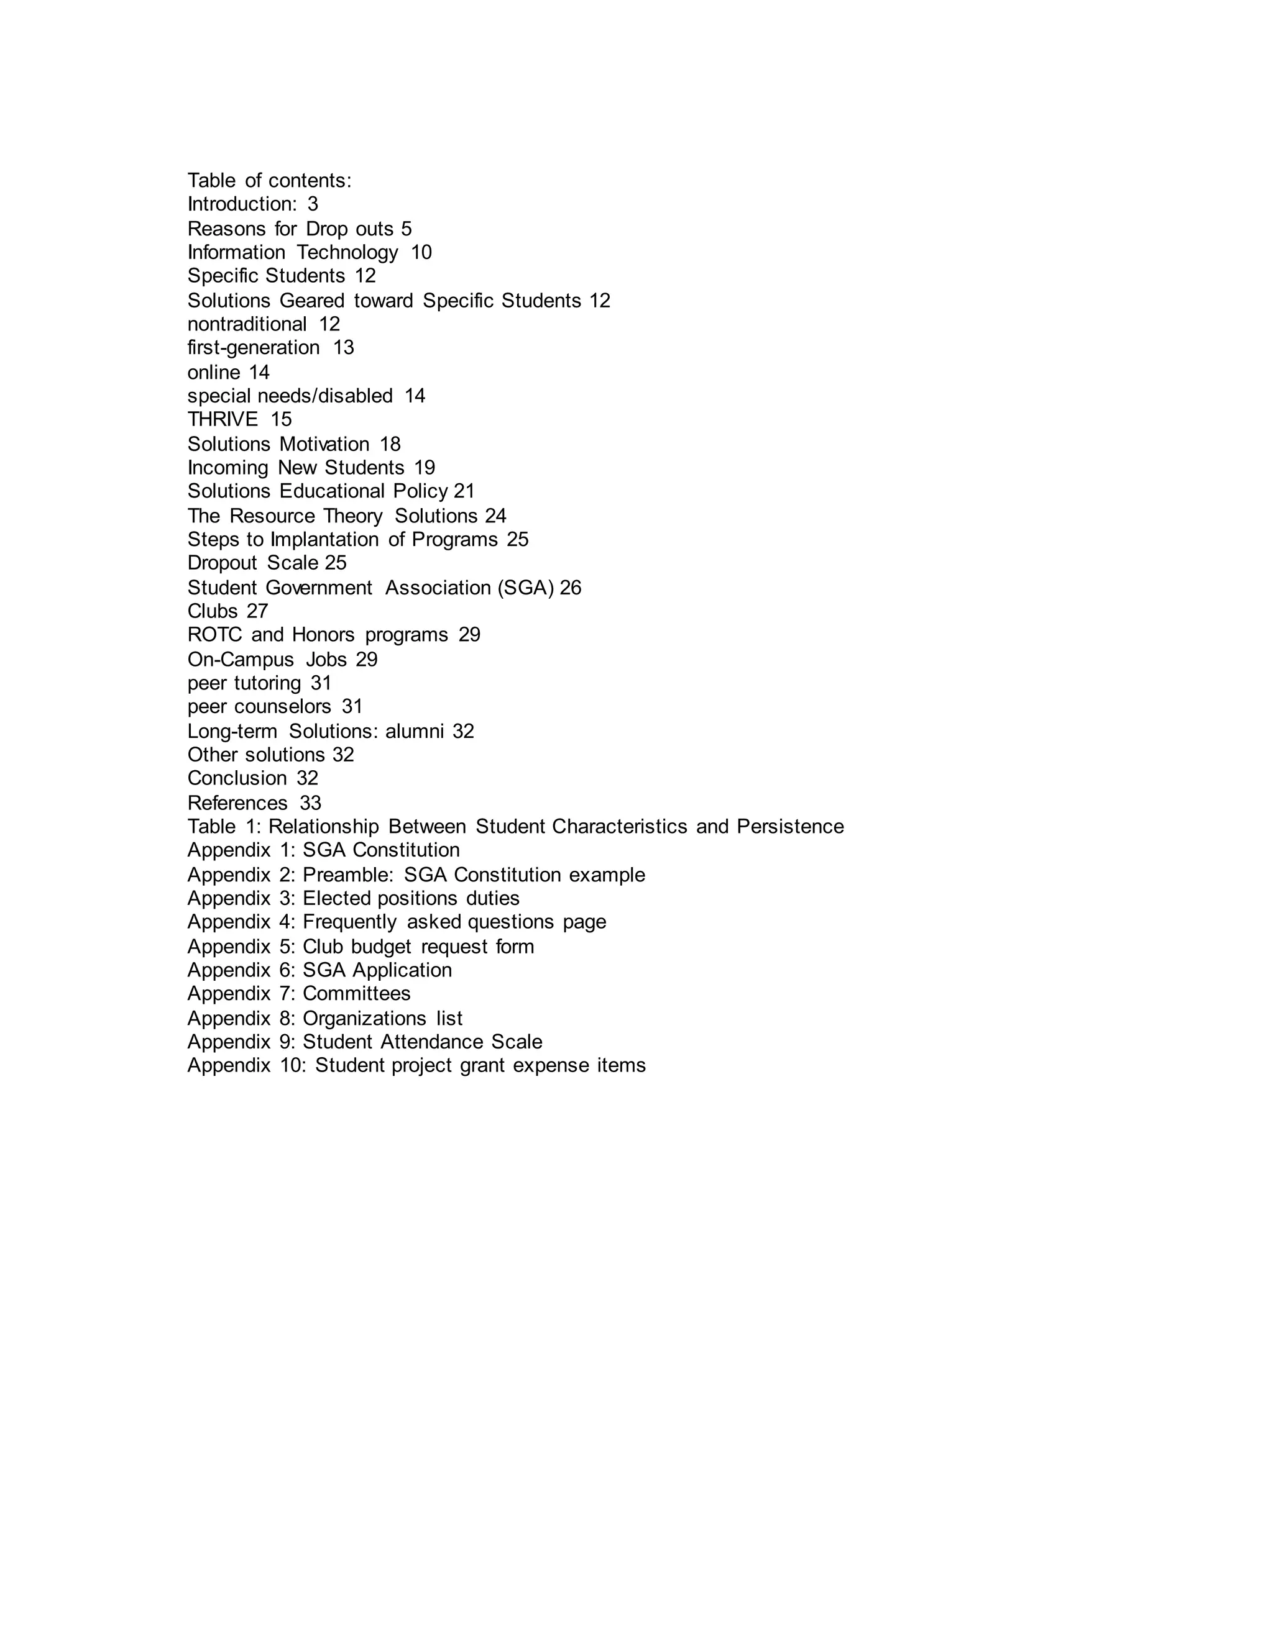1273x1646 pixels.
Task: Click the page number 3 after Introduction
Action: click(313, 204)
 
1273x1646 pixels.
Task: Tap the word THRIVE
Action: click(223, 419)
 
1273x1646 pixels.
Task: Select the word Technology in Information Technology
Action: click(347, 252)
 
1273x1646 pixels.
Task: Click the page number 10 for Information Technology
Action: click(421, 252)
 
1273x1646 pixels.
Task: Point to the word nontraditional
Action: click(247, 324)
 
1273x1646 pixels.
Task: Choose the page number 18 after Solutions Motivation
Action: click(390, 444)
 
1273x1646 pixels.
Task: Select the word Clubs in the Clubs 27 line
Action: click(212, 611)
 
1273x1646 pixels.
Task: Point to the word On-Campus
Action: click(240, 660)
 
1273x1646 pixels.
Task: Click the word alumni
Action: click(414, 731)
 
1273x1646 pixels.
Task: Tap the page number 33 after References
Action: click(310, 803)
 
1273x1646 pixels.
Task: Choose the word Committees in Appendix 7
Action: click(356, 993)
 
